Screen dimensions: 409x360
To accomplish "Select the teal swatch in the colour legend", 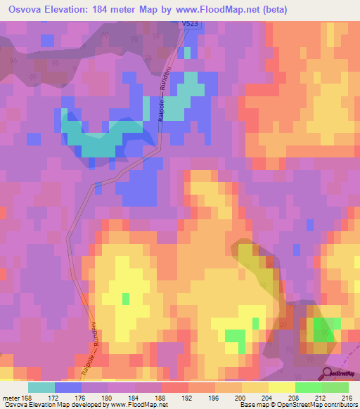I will (41, 387).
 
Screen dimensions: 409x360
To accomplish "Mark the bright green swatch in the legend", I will (309, 387).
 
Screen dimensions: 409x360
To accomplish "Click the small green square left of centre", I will (126, 299).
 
